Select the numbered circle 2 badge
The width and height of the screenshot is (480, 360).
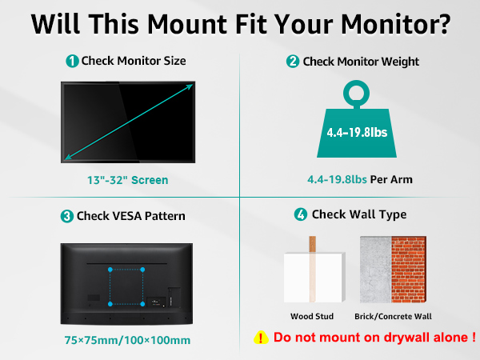pyautogui.click(x=293, y=62)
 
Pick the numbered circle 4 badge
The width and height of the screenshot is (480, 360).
pyautogui.click(x=301, y=214)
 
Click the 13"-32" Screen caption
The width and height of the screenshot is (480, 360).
pyautogui.click(x=128, y=180)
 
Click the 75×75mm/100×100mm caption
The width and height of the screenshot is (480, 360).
pyautogui.click(x=127, y=340)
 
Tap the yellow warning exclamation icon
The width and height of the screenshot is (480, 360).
pyautogui.click(x=261, y=338)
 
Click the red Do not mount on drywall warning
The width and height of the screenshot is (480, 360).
pyautogui.click(x=375, y=338)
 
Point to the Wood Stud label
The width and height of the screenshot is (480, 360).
pyautogui.click(x=313, y=317)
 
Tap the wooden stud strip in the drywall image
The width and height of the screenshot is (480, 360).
pyautogui.click(x=314, y=268)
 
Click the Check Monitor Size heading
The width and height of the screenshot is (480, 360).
pyautogui.click(x=134, y=62)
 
